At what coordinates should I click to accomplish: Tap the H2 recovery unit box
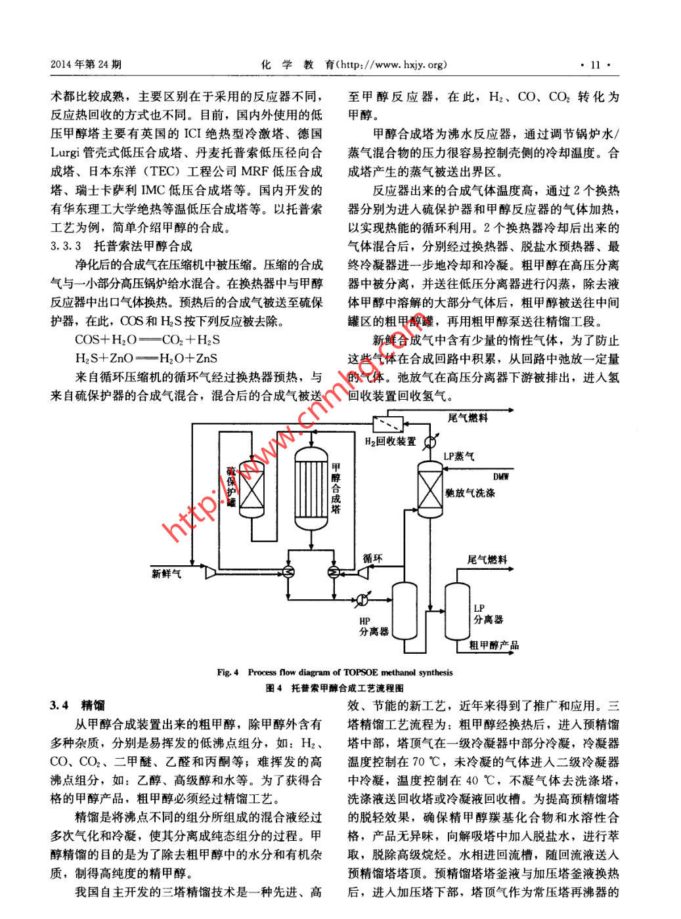point(388,423)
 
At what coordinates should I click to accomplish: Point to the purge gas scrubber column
point(430,489)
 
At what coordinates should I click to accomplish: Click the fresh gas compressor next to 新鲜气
point(211,572)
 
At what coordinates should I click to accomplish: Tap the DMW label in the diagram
point(500,477)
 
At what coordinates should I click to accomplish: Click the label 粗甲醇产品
point(494,645)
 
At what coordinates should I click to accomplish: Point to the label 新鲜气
point(166,574)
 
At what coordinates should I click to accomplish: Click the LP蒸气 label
point(458,456)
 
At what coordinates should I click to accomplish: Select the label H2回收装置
point(390,442)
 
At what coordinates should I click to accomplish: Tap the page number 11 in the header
point(596,64)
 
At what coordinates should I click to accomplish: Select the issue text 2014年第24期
point(86,64)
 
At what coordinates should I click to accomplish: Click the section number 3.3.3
point(66,246)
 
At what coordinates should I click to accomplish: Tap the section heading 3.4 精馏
point(77,705)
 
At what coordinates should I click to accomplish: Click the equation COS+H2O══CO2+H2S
point(147,340)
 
